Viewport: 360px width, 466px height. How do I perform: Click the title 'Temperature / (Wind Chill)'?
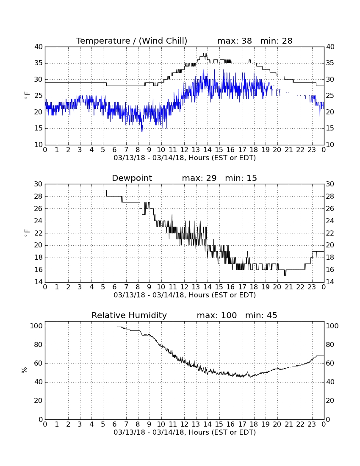coord(132,41)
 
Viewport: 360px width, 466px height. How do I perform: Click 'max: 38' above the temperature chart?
coord(235,41)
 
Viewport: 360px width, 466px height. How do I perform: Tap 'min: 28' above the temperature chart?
coord(276,41)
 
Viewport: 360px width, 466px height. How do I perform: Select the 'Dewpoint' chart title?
coord(132,178)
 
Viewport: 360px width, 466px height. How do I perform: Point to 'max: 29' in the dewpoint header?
coord(199,178)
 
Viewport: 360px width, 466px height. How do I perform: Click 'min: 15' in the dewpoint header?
coord(241,178)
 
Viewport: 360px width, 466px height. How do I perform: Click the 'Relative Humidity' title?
coord(129,315)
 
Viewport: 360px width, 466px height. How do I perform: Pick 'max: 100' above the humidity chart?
coord(217,315)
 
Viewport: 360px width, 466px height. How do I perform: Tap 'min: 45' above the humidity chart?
coord(261,315)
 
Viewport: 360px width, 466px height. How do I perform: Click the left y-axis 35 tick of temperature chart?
coord(39,63)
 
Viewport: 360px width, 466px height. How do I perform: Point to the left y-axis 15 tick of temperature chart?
coord(39,128)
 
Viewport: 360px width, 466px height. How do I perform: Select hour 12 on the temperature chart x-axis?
coord(184,150)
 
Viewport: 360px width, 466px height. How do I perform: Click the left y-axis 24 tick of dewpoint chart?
coord(39,221)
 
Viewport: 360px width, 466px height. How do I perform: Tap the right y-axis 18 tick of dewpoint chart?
coord(330,258)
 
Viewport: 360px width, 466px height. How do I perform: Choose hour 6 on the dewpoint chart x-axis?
coord(115,287)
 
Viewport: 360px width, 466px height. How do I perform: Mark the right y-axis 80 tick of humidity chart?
coord(330,345)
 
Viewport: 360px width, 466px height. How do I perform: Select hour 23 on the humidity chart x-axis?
coord(312,424)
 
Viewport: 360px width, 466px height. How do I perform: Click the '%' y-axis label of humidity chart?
coord(24,370)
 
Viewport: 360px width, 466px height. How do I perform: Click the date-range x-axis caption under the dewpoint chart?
coord(185,295)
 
